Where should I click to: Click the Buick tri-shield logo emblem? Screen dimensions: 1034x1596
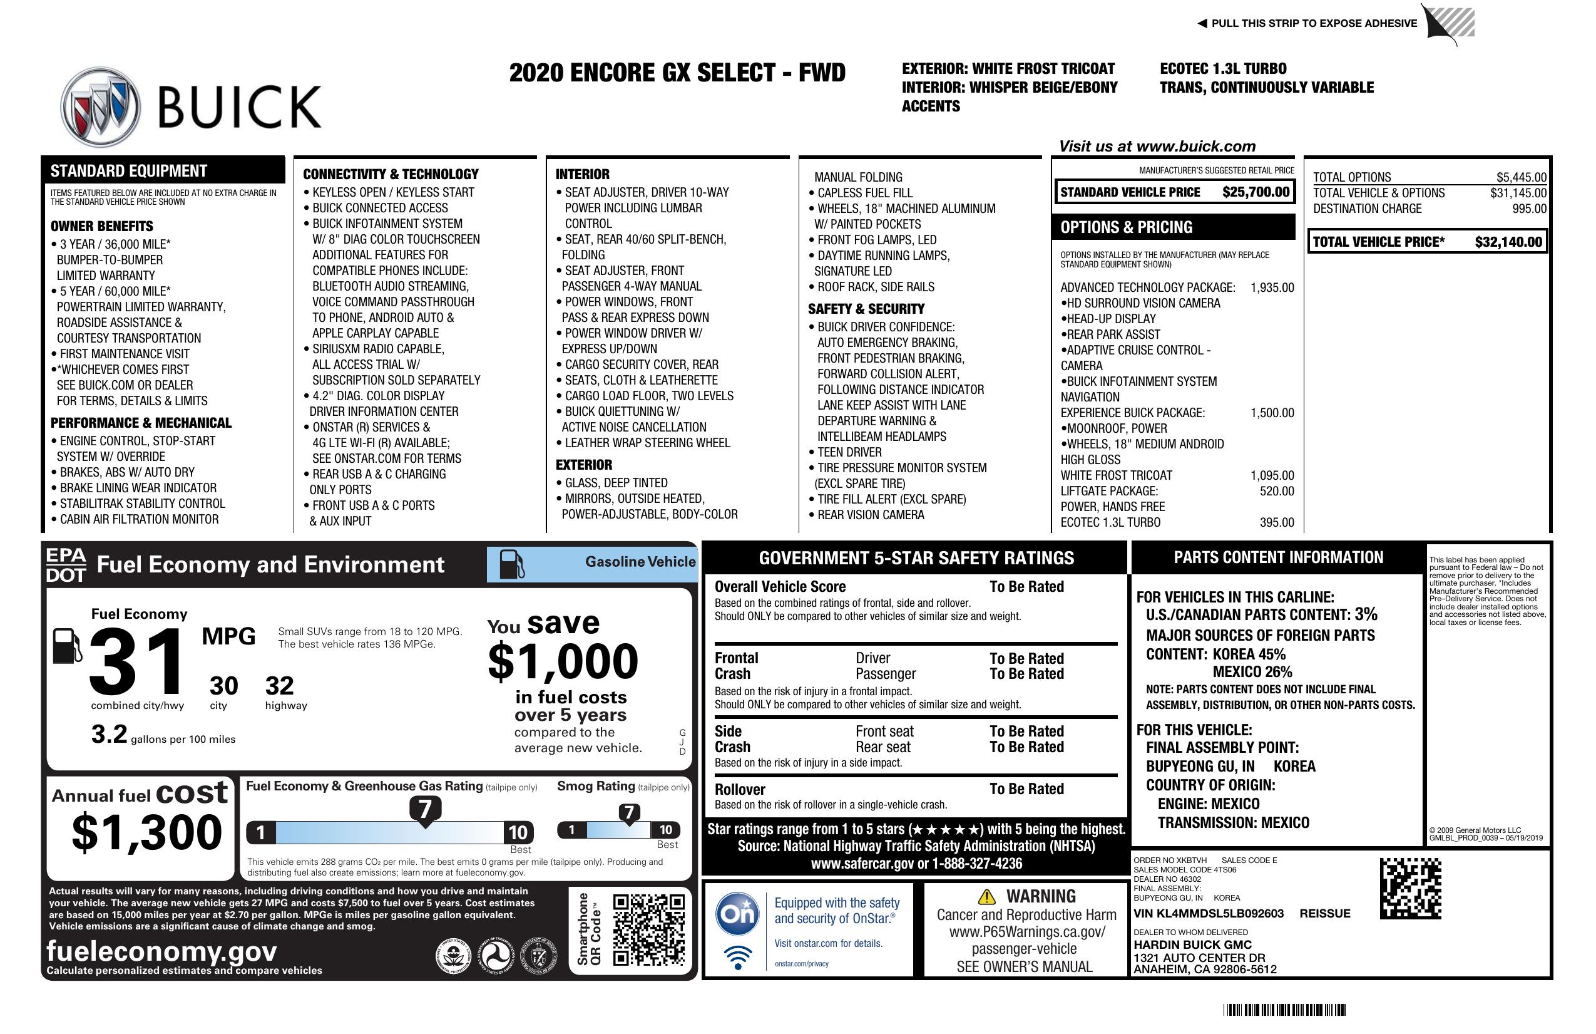click(x=101, y=106)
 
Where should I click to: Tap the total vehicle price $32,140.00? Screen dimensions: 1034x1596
click(x=1508, y=242)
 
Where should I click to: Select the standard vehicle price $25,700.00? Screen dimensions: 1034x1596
click(x=1256, y=192)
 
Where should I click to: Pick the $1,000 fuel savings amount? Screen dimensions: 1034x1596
click(x=563, y=661)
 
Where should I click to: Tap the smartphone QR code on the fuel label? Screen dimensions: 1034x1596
click(x=648, y=929)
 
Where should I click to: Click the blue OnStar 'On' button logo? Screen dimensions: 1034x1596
click(x=737, y=914)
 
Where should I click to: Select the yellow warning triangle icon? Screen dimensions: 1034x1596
click(x=986, y=896)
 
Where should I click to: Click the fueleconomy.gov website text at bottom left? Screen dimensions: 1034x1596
click(x=161, y=951)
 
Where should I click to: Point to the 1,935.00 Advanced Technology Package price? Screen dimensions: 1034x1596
click(x=1271, y=288)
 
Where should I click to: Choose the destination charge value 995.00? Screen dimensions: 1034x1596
click(x=1529, y=209)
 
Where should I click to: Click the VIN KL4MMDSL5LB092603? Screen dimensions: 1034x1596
click(x=1208, y=913)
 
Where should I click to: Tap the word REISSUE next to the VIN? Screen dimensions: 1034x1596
click(x=1324, y=913)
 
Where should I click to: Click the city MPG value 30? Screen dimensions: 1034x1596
click(x=223, y=686)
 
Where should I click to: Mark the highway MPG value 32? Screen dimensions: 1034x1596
click(x=279, y=686)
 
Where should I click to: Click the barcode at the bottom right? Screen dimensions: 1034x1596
click(x=1284, y=1010)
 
